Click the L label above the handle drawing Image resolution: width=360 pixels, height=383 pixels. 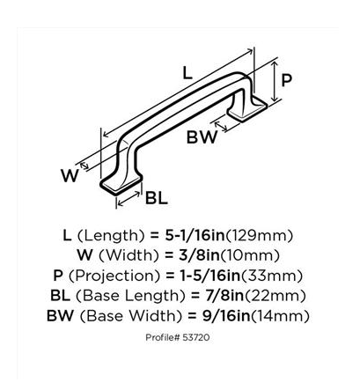click(187, 72)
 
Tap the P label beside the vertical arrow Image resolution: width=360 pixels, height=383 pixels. click(286, 80)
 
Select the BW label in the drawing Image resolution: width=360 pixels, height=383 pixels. click(202, 136)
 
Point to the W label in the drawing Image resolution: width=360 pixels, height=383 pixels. click(70, 175)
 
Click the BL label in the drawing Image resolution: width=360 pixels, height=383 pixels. click(157, 198)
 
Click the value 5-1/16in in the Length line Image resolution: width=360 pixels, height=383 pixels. click(195, 235)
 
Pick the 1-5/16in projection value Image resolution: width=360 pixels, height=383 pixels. click(209, 276)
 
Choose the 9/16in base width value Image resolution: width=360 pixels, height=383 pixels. click(227, 316)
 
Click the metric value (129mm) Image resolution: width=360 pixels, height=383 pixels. click(259, 236)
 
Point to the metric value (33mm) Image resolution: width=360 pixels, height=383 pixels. click(271, 276)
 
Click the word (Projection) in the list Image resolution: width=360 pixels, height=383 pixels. click(114, 276)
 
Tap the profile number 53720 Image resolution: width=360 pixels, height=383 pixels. click(196, 337)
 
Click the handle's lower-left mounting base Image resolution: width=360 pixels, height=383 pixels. click(121, 183)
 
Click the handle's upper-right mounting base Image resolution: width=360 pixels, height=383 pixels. click(247, 109)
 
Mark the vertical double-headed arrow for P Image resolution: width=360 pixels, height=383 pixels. click(275, 82)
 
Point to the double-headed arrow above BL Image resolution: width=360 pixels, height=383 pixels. click(129, 198)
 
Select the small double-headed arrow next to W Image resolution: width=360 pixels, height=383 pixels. click(84, 166)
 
